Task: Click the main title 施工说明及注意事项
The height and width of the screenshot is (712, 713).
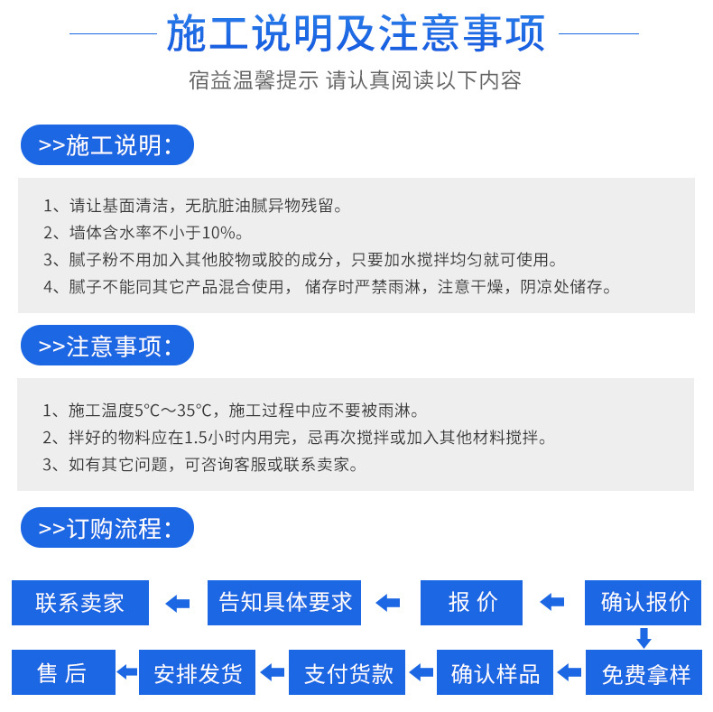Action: tap(356, 33)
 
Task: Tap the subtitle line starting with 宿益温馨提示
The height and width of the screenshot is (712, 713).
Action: tap(356, 80)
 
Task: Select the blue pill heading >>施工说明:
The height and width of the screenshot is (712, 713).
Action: tap(106, 145)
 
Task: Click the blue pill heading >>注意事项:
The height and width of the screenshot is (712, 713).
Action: tap(106, 346)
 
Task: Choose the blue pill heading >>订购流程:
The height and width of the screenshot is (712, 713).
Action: tap(106, 528)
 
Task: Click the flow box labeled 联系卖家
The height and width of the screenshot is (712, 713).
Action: tap(80, 602)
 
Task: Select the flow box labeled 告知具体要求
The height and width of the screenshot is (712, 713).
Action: tap(284, 602)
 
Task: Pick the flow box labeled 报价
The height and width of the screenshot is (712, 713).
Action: tap(472, 602)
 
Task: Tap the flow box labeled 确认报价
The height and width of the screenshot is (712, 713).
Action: tap(644, 602)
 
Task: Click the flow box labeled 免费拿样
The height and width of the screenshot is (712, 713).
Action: tap(644, 672)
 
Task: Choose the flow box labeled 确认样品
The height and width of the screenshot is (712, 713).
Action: tap(495, 672)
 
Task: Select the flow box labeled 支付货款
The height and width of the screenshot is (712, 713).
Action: tap(348, 672)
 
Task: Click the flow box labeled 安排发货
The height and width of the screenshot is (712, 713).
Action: tap(198, 672)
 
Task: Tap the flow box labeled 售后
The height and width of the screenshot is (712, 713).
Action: tap(63, 672)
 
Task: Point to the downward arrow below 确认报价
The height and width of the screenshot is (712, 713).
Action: tap(644, 638)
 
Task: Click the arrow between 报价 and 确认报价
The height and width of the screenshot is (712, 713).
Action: tap(551, 603)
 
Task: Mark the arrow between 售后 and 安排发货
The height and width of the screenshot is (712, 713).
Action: tap(127, 672)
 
